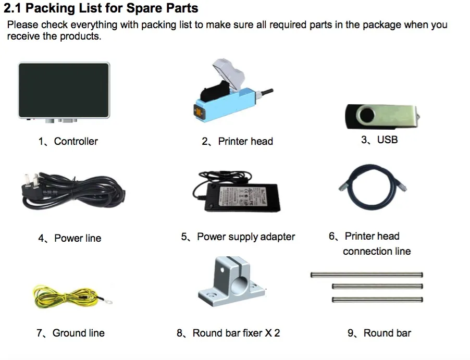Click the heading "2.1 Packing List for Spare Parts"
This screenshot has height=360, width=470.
click(x=101, y=9)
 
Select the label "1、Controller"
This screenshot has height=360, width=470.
click(x=68, y=141)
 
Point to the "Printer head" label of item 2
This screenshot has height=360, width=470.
click(x=245, y=141)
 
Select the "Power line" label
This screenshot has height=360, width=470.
click(x=78, y=238)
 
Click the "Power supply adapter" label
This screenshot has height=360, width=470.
click(x=245, y=237)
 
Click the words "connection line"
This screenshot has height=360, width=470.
click(x=377, y=251)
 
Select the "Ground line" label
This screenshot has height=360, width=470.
click(x=78, y=333)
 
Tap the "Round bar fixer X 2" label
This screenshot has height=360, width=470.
click(x=236, y=333)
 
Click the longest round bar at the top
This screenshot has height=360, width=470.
click(x=366, y=275)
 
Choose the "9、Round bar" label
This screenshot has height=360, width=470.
click(x=379, y=333)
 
